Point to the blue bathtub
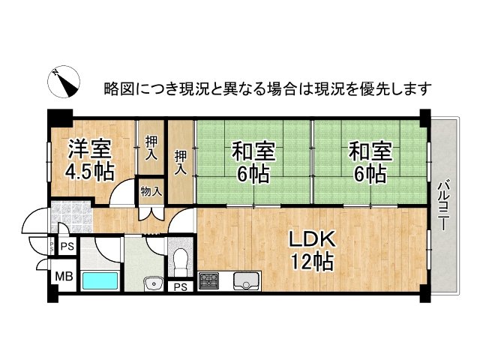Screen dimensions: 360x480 [100, 282]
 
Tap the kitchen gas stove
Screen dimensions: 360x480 [208, 283]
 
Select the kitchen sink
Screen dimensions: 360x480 [245, 282]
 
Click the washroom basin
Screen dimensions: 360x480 [154, 283]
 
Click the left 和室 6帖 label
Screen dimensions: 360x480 [253, 163]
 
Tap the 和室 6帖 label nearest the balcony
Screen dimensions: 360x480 [369, 163]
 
